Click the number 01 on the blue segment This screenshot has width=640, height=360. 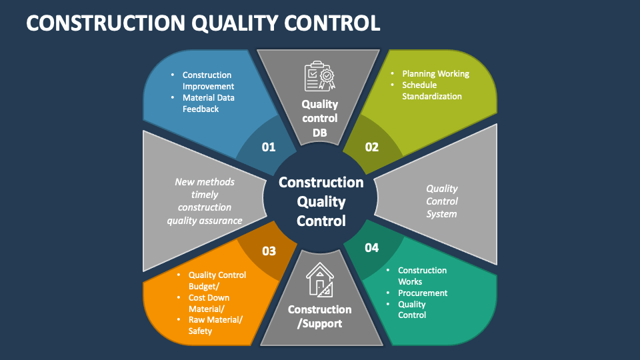pyautogui.click(x=269, y=147)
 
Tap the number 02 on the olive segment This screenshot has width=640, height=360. pyautogui.click(x=371, y=147)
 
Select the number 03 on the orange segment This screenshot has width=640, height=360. pyautogui.click(x=269, y=251)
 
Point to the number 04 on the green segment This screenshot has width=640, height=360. pyautogui.click(x=371, y=248)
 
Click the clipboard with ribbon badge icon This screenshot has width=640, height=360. pyautogui.click(x=320, y=76)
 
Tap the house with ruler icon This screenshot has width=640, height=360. pyautogui.click(x=320, y=279)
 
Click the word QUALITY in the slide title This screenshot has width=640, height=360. pyautogui.click(x=239, y=23)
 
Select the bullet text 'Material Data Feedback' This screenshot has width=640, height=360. pyautogui.click(x=208, y=103)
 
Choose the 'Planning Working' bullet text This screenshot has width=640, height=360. pyautogui.click(x=435, y=74)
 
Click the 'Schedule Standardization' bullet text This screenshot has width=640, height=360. pyautogui.click(x=431, y=91)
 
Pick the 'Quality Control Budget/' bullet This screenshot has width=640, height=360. pyautogui.click(x=217, y=281)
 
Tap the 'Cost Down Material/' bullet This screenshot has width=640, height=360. pyautogui.click(x=209, y=303)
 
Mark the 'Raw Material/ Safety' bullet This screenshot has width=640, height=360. pyautogui.click(x=215, y=325)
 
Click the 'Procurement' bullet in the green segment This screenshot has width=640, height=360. pyautogui.click(x=423, y=293)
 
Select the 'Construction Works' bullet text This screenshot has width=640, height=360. pyautogui.click(x=422, y=276)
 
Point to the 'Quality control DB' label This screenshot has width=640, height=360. pyautogui.click(x=320, y=117)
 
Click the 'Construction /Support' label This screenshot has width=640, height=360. pyautogui.click(x=320, y=317)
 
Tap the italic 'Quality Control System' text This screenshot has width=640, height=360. pyautogui.click(x=442, y=201)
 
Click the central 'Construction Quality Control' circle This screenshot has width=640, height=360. pyautogui.click(x=321, y=201)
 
